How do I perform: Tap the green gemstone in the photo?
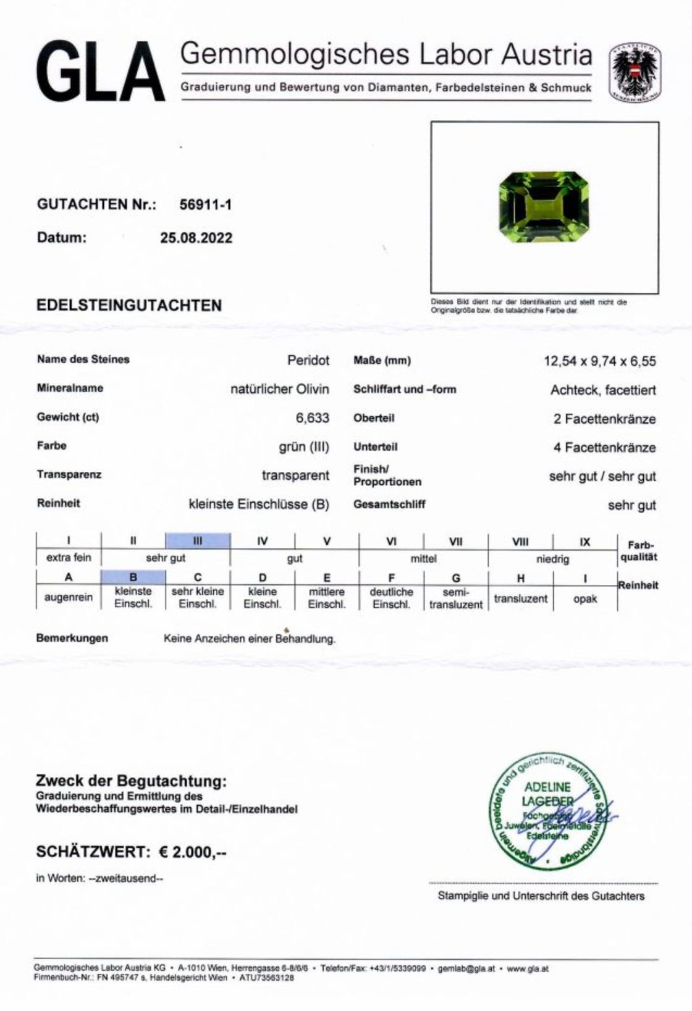tap(543, 208)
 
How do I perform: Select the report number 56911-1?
tap(205, 205)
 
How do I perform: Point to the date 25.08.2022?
tap(196, 238)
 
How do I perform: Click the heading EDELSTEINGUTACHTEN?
tap(129, 305)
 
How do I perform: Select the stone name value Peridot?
tap(308, 360)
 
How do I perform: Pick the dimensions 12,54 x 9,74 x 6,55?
tap(599, 361)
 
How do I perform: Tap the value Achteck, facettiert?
tap(603, 390)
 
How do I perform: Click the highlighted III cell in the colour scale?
tap(198, 541)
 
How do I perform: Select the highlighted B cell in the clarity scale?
tap(133, 577)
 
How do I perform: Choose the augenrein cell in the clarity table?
tap(69, 598)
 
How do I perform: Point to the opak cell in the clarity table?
tap(584, 598)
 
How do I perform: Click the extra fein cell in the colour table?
tap(69, 558)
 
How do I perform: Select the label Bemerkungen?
tap(72, 638)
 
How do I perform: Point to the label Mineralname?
tap(70, 388)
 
